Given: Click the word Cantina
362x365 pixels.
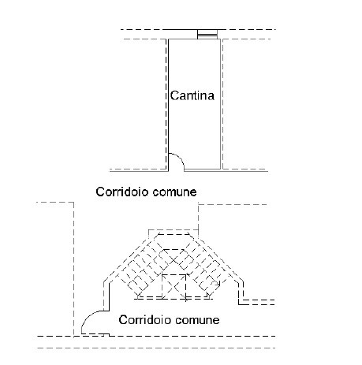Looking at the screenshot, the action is click(x=192, y=95).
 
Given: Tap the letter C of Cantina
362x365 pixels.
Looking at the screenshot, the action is click(x=174, y=95).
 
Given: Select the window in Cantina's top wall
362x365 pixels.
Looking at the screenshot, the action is click(x=207, y=35).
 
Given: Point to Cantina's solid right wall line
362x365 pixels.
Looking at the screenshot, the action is click(x=220, y=104).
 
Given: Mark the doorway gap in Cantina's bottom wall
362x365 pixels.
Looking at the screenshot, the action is click(x=176, y=170).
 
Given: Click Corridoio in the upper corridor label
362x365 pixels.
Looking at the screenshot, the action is click(x=122, y=192).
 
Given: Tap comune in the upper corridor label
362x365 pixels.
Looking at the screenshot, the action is click(x=174, y=192).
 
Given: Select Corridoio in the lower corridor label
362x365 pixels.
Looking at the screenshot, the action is click(x=145, y=320).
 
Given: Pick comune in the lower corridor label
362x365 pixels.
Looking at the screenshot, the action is click(x=197, y=321).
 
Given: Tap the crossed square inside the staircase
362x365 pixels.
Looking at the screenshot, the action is click(x=174, y=287).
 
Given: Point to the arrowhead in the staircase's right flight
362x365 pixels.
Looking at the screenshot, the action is click(x=218, y=284).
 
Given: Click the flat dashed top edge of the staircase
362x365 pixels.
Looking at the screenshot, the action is click(x=174, y=234).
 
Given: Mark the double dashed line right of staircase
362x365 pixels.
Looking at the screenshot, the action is click(x=259, y=302).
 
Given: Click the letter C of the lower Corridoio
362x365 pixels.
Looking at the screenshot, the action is click(x=123, y=320).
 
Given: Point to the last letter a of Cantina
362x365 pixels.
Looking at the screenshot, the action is click(x=211, y=97).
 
